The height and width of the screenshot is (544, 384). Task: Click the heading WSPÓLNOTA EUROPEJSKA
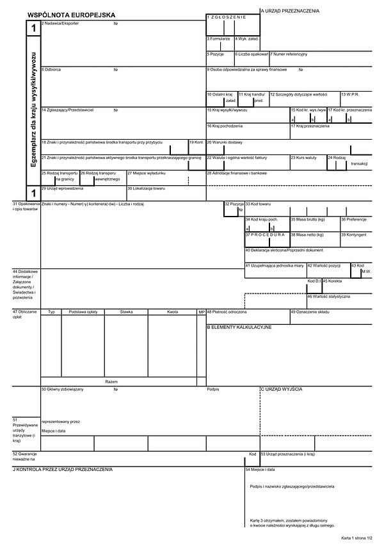click(x=71, y=13)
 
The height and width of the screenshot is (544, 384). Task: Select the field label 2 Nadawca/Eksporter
click(x=60, y=23)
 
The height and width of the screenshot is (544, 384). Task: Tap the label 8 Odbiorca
click(x=51, y=69)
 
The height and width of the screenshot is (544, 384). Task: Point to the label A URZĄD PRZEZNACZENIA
click(x=290, y=11)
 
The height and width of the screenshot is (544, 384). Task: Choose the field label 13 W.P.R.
click(x=350, y=94)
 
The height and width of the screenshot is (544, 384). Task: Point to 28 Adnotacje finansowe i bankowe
click(x=236, y=173)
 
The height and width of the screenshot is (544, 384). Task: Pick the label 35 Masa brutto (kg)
click(x=308, y=219)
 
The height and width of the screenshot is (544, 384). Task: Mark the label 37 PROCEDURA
click(x=264, y=235)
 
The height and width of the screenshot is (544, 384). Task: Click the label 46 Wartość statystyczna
click(x=328, y=296)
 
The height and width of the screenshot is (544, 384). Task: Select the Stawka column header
click(x=126, y=311)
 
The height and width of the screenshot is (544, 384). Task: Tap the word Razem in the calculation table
click(x=111, y=381)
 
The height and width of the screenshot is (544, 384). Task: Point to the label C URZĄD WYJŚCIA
click(x=281, y=389)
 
